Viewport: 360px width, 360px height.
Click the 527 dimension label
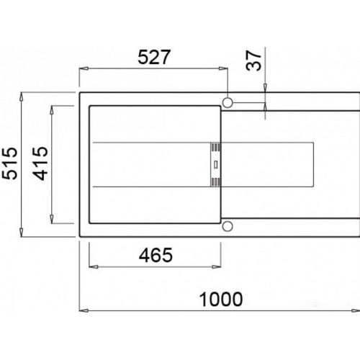(154, 57)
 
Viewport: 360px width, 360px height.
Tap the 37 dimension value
(253, 60)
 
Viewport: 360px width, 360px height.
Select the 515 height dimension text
(9, 163)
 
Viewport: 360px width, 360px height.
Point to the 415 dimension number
(40, 163)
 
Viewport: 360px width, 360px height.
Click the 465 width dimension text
(156, 255)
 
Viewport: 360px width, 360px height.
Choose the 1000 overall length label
(221, 300)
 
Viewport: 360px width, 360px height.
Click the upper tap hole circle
(228, 103)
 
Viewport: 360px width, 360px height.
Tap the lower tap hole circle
(228, 226)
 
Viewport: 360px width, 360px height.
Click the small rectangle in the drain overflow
(216, 165)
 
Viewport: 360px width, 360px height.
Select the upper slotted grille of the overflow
(216, 147)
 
